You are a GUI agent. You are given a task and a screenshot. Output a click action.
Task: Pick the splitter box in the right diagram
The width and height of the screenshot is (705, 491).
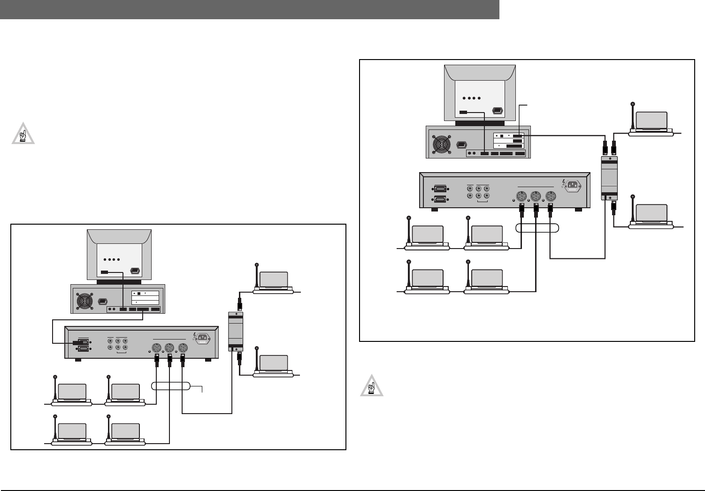pyautogui.click(x=609, y=176)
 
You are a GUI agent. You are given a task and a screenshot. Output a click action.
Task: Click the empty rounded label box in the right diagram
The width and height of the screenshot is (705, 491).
pyautogui.click(x=537, y=228)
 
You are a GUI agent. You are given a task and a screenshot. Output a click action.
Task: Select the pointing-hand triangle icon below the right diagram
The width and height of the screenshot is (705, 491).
pyautogui.click(x=372, y=386)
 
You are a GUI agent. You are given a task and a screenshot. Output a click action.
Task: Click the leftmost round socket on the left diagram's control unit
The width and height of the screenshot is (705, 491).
pyautogui.click(x=156, y=348)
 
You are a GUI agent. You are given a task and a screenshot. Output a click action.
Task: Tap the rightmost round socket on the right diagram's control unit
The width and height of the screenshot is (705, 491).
pyautogui.click(x=552, y=197)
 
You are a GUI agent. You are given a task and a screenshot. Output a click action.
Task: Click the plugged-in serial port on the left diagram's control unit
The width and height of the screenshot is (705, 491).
pyautogui.click(x=82, y=342)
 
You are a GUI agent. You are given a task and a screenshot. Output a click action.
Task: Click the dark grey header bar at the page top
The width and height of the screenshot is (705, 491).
pyautogui.click(x=249, y=9)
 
